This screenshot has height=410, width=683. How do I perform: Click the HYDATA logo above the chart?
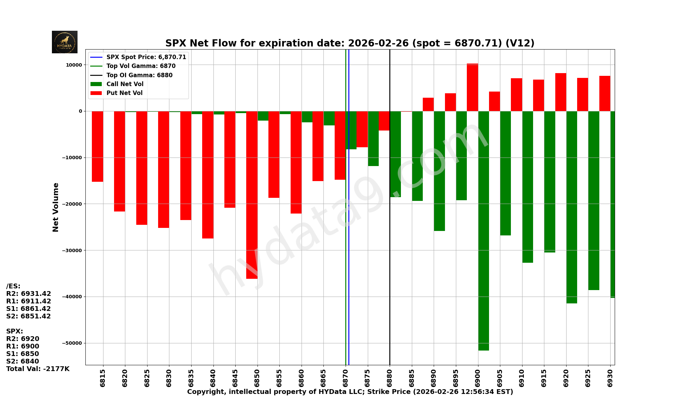pyautogui.click(x=65, y=42)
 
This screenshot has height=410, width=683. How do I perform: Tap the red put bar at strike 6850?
pyautogui.click(x=252, y=195)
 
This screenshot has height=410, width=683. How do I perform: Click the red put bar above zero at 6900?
pyautogui.click(x=472, y=87)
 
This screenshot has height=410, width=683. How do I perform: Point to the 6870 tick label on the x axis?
pyautogui.click(x=346, y=378)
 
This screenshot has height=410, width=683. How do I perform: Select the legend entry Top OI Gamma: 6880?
pyautogui.click(x=139, y=75)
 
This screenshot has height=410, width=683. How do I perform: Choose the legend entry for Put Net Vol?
pyautogui.click(x=124, y=93)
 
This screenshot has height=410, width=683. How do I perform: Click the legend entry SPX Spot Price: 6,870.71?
pyautogui.click(x=146, y=57)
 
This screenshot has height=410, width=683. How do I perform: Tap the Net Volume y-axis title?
pyautogui.click(x=56, y=207)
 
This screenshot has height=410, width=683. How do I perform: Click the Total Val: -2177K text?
pyautogui.click(x=38, y=369)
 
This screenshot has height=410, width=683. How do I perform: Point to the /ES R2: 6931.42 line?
pyautogui.click(x=29, y=294)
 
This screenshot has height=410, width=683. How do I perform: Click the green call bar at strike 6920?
pyautogui.click(x=572, y=207)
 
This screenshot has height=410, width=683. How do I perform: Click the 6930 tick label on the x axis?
pyautogui.click(x=610, y=378)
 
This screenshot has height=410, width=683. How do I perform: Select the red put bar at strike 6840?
pyautogui.click(x=208, y=175)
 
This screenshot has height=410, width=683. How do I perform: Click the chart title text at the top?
pyautogui.click(x=350, y=43)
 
